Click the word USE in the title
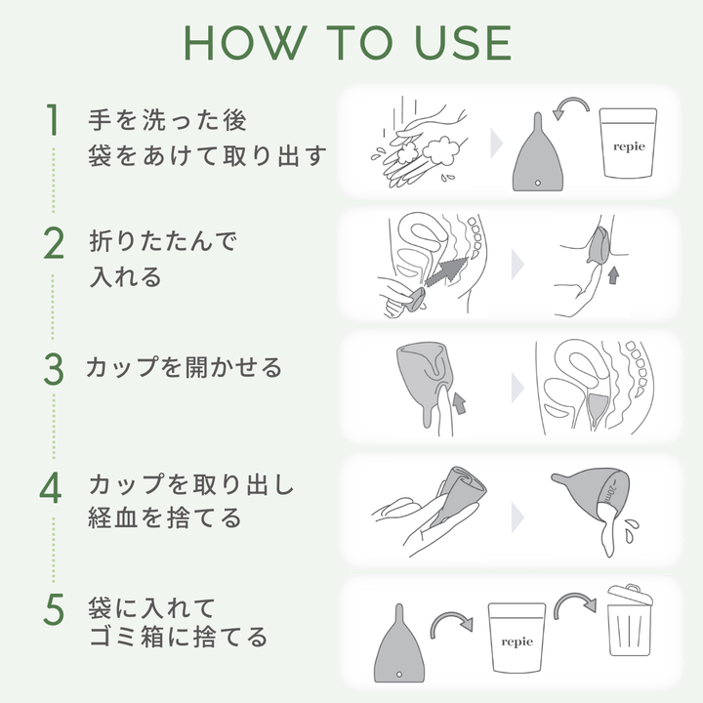464,43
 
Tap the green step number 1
54,120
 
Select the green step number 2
54,243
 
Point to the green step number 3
54,369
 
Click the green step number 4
51,488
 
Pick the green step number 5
54,609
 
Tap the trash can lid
631,595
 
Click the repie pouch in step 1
629,143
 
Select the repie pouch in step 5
517,637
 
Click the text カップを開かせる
185,368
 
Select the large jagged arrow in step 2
445,270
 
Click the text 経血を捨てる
165,517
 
